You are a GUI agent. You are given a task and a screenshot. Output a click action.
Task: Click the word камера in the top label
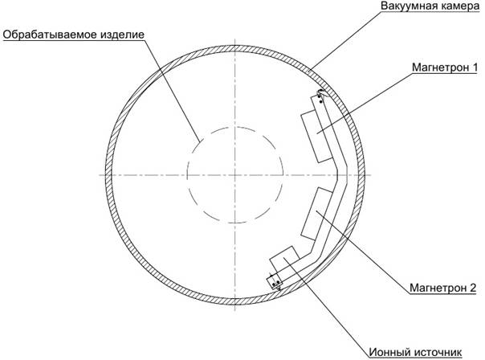point(456,6)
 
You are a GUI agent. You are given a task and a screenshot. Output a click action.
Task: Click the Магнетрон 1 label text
point(445,67)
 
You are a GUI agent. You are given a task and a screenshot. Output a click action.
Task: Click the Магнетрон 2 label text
point(443,288)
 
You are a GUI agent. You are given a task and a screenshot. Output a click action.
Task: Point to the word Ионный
point(389,352)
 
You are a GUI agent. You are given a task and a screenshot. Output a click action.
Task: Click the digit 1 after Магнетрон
point(475,67)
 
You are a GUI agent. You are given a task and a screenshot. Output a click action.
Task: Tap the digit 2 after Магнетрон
point(473,288)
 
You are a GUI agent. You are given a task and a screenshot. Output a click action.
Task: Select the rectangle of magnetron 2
point(316,214)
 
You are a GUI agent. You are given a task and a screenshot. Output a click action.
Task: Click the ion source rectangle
point(284,260)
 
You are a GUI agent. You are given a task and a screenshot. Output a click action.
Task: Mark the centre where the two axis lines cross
point(234,175)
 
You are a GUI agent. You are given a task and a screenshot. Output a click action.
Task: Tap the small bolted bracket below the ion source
point(275,282)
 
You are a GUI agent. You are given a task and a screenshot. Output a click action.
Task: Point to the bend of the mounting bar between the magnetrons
point(342,170)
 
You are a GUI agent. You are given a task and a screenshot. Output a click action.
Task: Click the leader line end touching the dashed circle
point(199,142)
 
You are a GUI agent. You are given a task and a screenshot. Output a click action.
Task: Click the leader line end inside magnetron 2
point(316,211)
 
